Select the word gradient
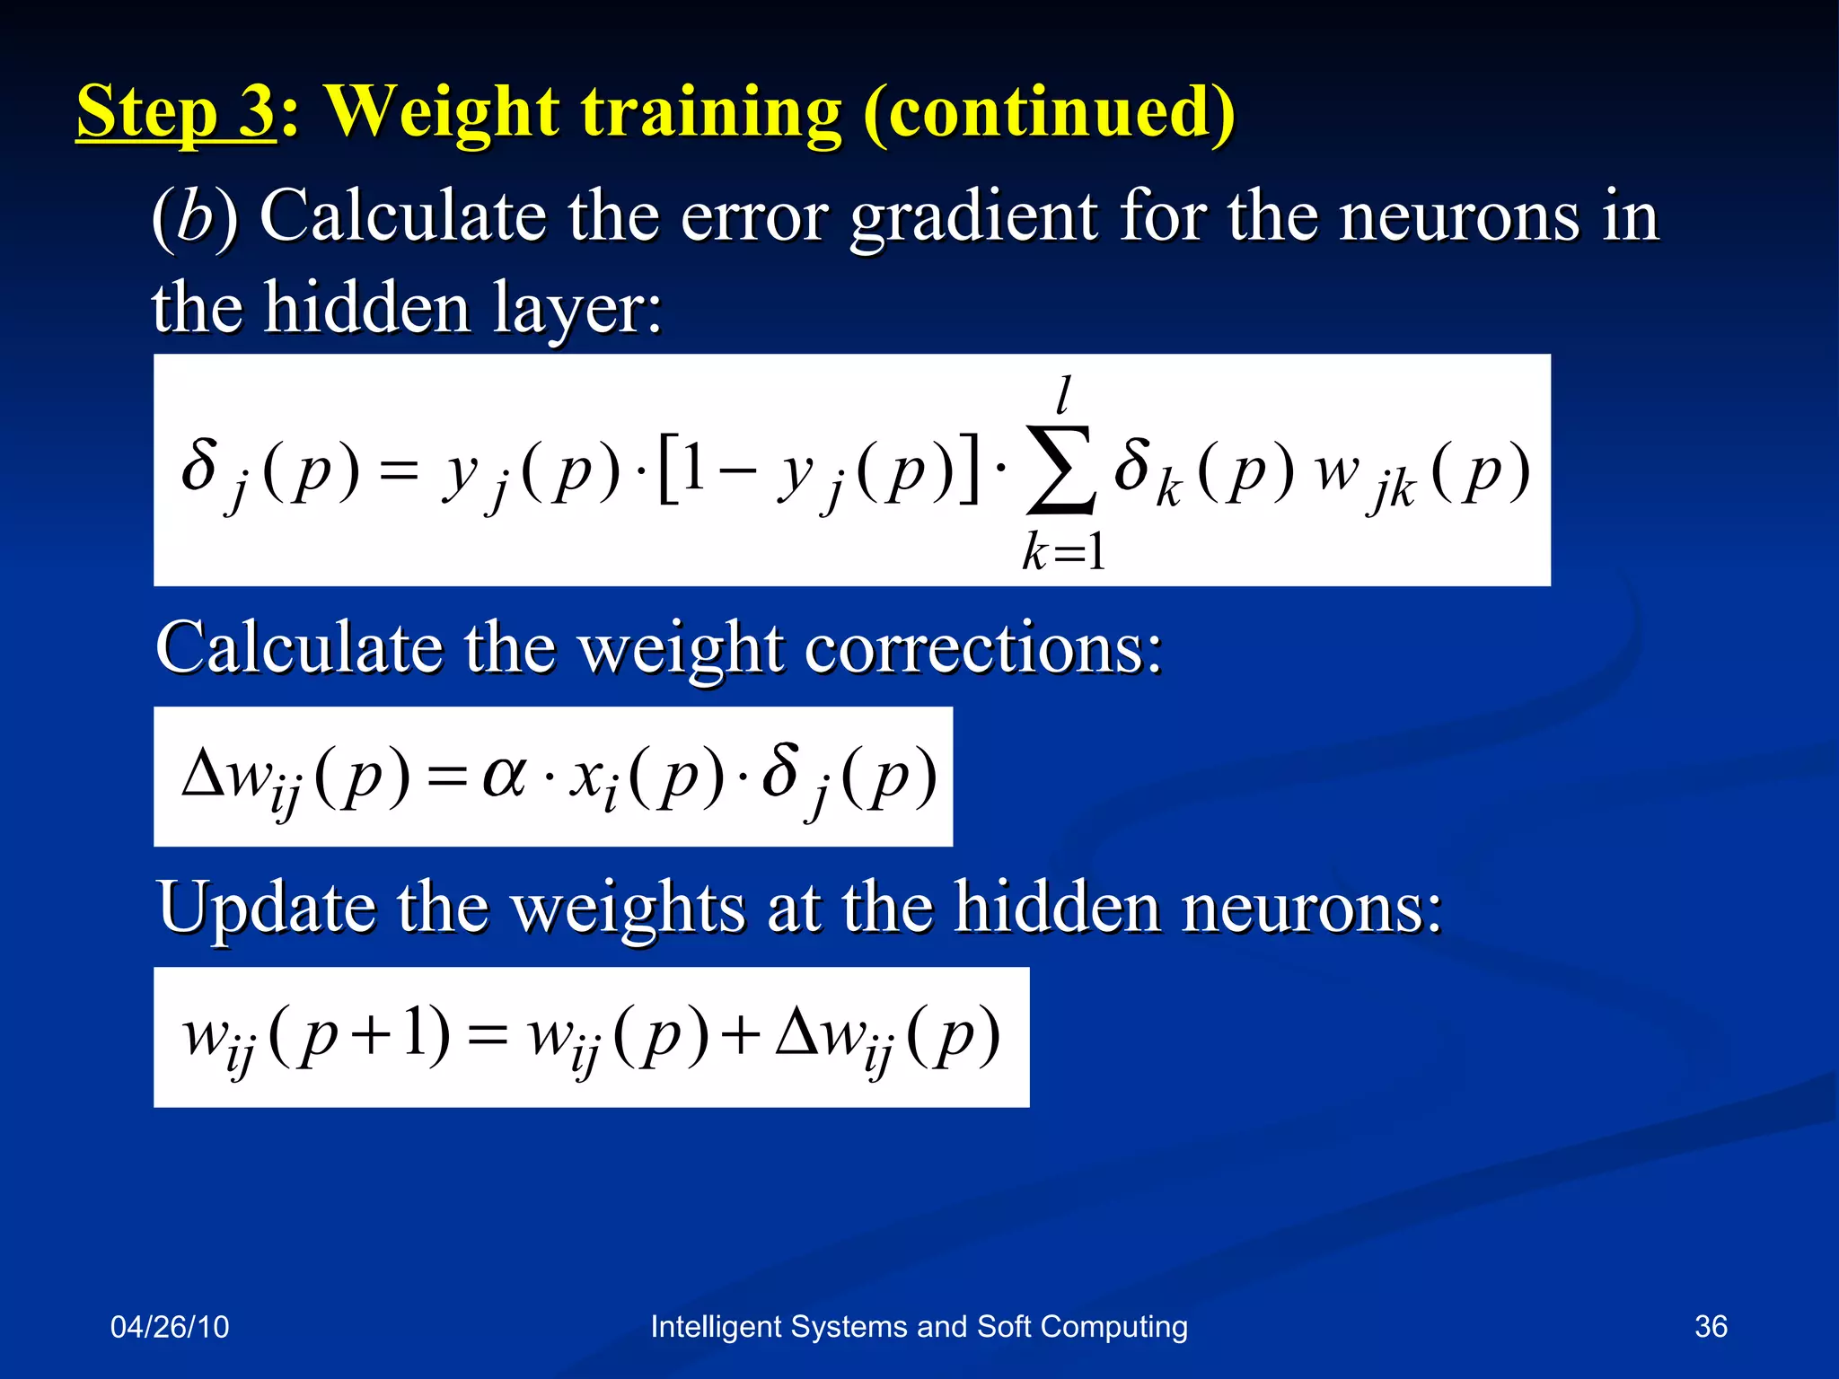973,218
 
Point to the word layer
575,308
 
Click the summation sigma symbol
1061,470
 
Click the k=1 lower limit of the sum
1064,550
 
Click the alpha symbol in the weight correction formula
504,774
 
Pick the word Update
266,908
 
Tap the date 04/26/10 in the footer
170,1326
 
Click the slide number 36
1711,1326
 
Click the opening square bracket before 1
667,470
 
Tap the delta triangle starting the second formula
203,774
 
